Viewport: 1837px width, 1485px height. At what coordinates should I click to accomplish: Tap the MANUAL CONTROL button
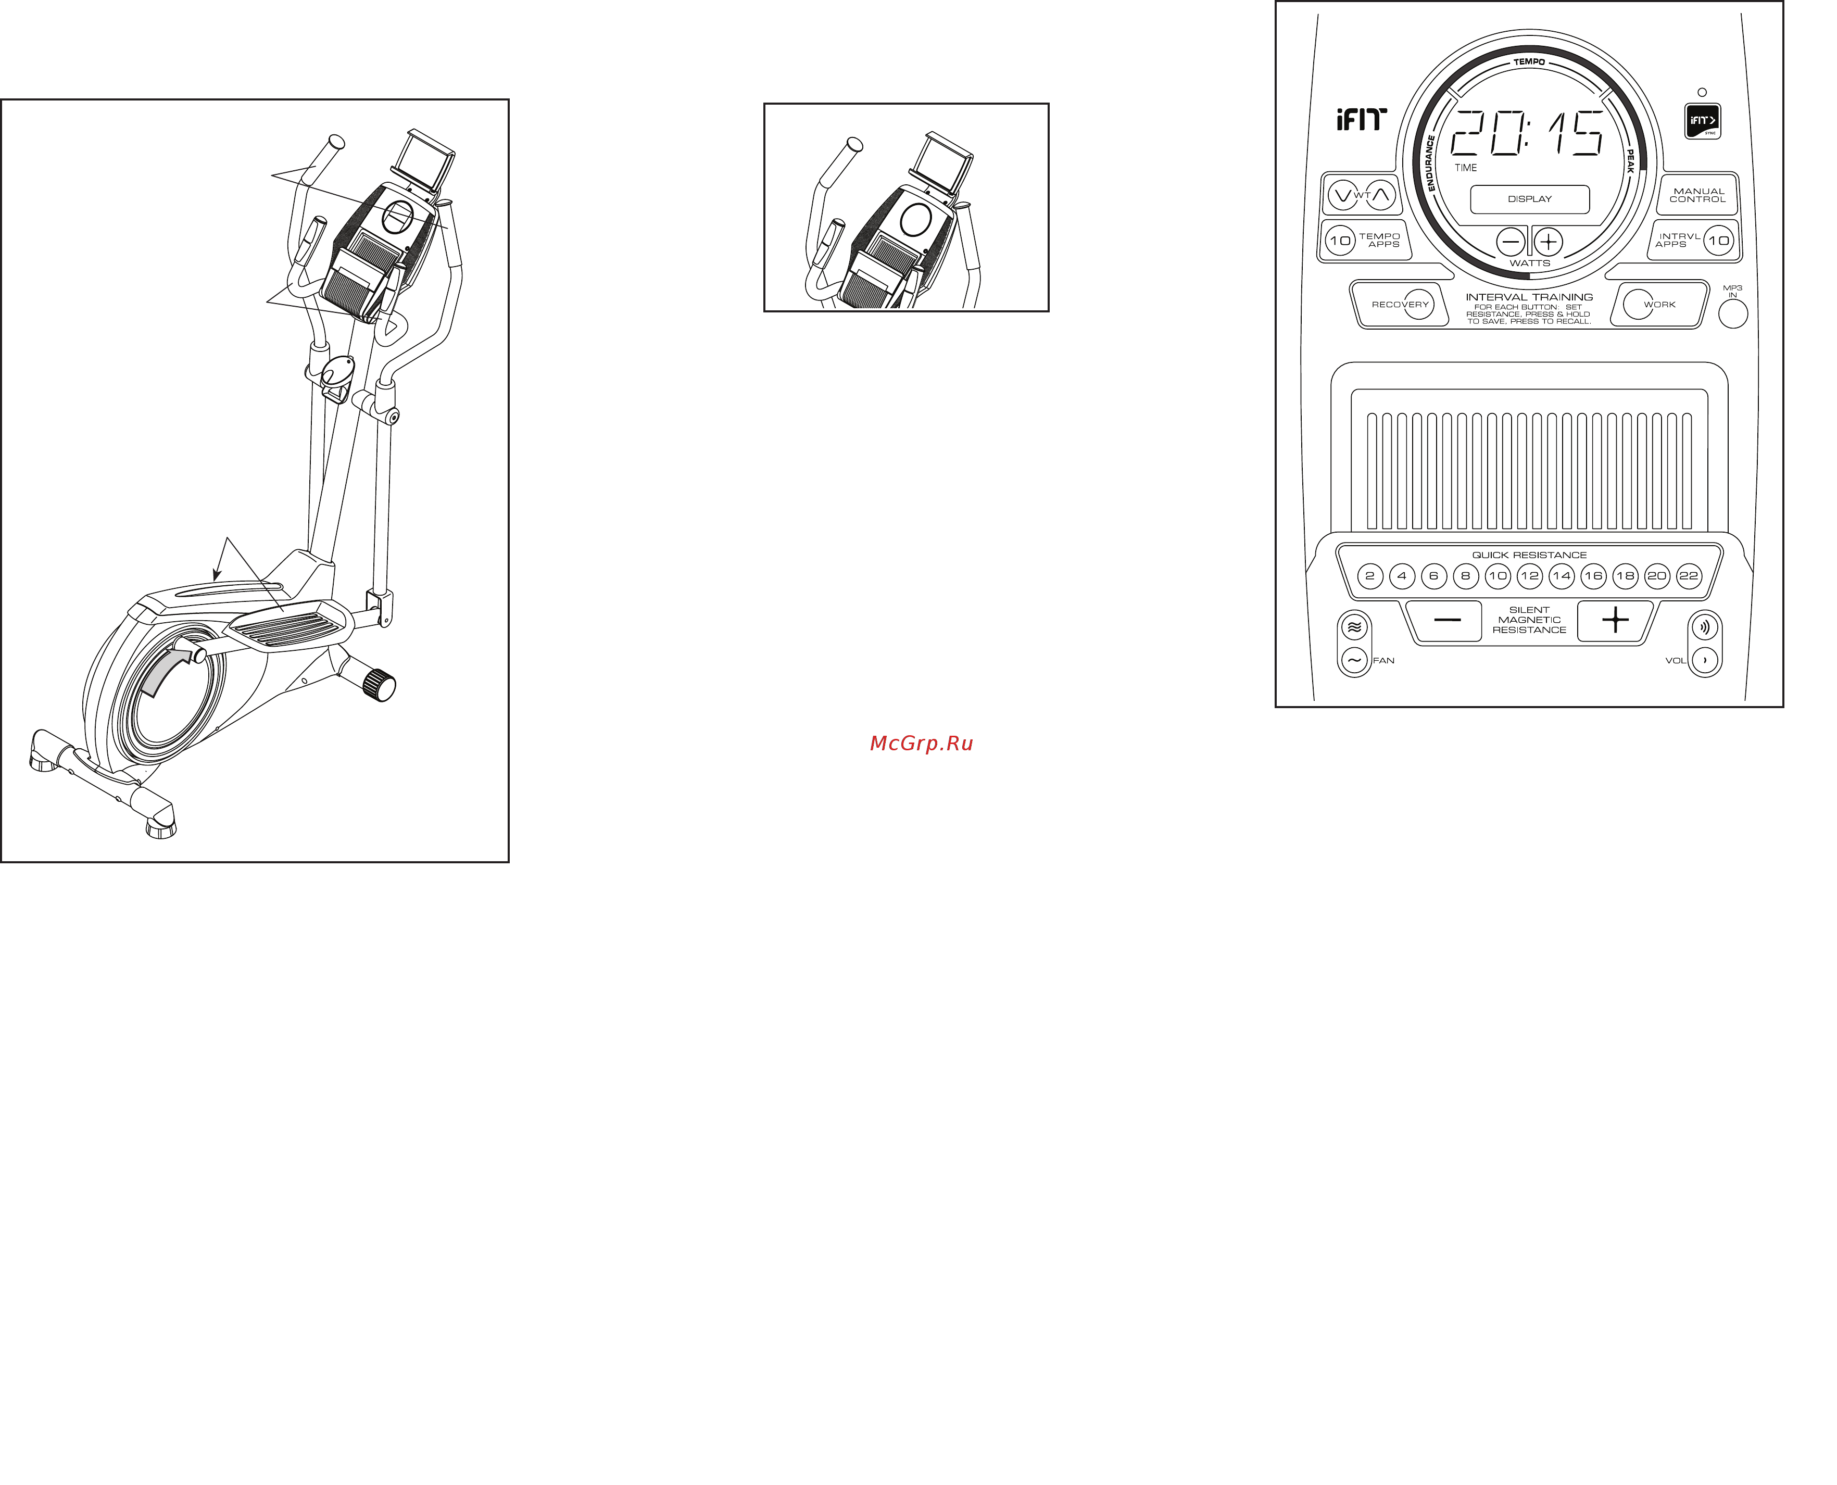1697,195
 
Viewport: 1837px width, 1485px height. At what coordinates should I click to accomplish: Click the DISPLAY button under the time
1529,198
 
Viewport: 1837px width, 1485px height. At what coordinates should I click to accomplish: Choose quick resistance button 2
1370,576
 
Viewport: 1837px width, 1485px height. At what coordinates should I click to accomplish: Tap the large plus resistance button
1615,620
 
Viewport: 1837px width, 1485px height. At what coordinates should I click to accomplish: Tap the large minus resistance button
1446,620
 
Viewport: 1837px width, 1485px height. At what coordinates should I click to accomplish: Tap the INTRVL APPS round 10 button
1718,241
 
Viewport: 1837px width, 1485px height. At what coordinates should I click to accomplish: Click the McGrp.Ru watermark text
921,744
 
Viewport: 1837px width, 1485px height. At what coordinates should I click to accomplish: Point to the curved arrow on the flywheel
165,672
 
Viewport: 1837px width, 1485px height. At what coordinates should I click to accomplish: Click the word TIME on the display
1466,168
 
